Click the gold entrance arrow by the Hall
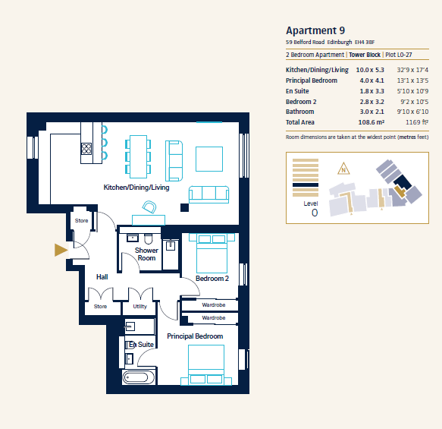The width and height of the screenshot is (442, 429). point(61,250)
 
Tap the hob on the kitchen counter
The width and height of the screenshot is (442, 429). point(86,149)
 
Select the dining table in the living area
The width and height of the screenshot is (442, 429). point(138,156)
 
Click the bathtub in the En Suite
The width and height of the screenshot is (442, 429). point(139,377)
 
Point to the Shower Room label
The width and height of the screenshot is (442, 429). point(146,254)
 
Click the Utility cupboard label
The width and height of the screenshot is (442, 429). point(139,306)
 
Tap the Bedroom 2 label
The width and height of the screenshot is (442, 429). point(212,279)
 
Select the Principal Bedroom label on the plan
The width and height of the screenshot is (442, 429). point(195,336)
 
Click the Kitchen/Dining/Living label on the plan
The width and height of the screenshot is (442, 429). point(136,188)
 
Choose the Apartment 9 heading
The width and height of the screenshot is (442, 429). point(315,30)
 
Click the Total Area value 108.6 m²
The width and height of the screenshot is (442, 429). point(371,122)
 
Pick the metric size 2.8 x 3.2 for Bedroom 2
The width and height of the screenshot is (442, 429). point(371,102)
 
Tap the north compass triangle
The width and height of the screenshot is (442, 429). point(343,169)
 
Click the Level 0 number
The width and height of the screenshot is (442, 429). point(315,213)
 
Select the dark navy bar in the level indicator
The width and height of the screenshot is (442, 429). point(306,185)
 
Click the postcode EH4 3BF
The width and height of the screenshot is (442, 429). point(365,43)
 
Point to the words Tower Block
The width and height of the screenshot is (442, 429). point(365,55)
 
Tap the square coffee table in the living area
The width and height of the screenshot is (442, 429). point(209,159)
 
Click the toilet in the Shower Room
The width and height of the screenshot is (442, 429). point(149,238)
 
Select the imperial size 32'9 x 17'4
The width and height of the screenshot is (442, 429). point(412,70)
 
